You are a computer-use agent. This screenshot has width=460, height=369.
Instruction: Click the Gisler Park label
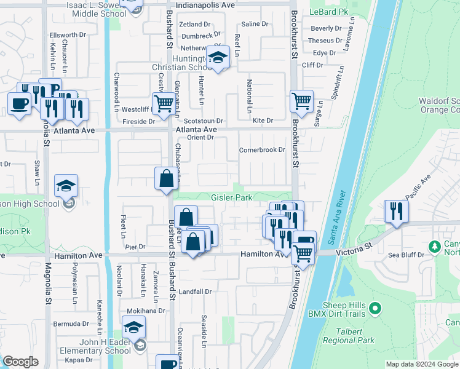coord(232,198)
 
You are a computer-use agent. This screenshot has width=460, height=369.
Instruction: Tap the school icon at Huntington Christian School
coord(218,58)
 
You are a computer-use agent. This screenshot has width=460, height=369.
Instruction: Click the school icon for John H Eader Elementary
coord(133,328)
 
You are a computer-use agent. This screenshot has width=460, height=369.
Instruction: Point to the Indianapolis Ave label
coord(205,4)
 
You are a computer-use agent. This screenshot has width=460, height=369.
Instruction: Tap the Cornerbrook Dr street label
coord(262,149)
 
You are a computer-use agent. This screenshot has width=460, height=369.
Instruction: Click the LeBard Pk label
coord(328,12)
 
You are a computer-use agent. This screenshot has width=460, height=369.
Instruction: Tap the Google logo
coord(21,362)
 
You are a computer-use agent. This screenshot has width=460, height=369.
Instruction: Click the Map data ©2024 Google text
coord(422,364)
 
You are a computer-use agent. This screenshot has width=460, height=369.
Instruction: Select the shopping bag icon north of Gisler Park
coord(167,179)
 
